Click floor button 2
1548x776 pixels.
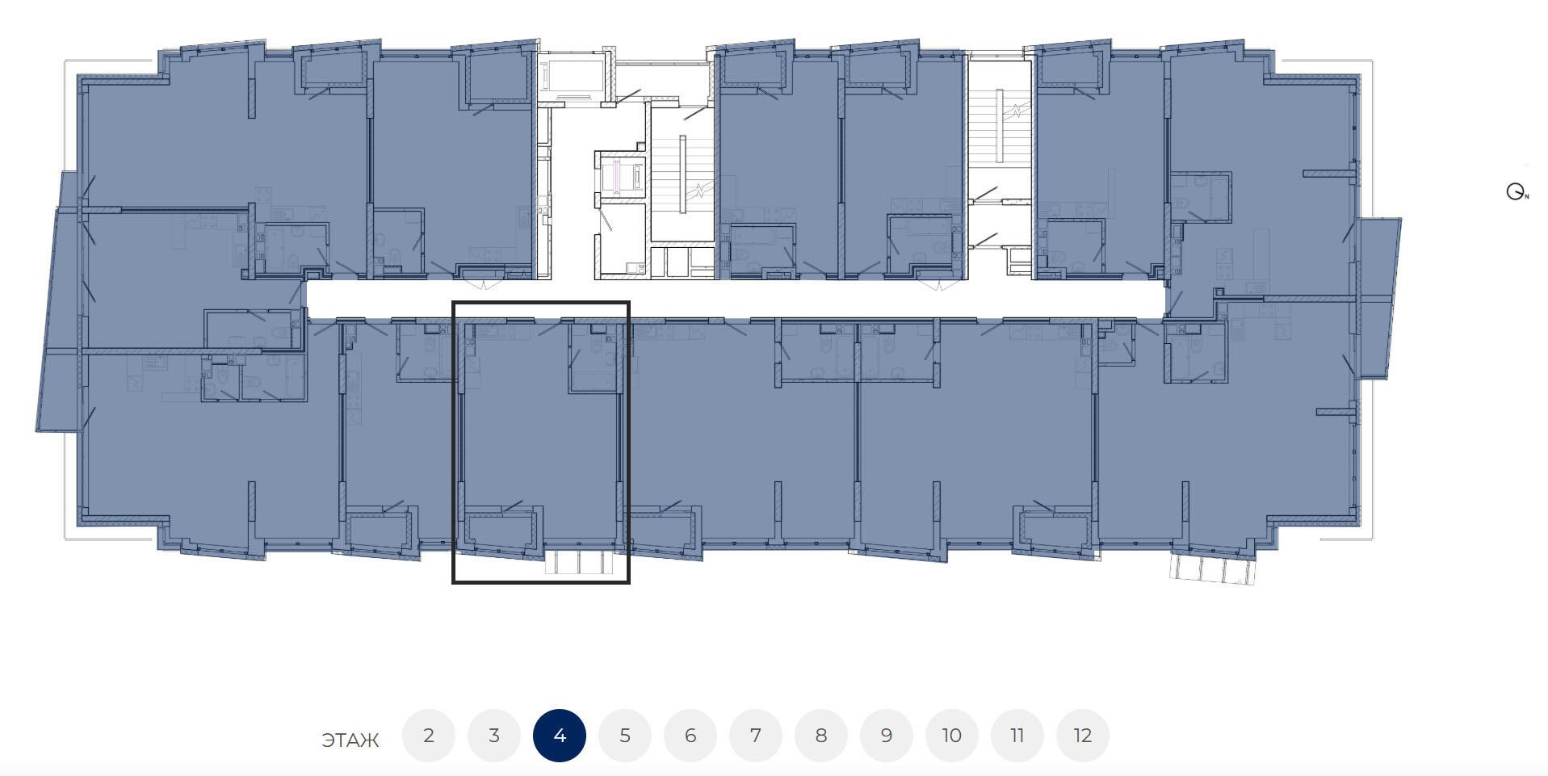pyautogui.click(x=429, y=736)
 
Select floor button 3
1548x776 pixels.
pyautogui.click(x=494, y=736)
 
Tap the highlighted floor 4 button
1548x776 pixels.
pyautogui.click(x=560, y=736)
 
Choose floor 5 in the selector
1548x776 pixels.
pyautogui.click(x=625, y=736)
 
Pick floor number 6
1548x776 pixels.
pyautogui.click(x=690, y=736)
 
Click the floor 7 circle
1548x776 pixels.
pyautogui.click(x=756, y=736)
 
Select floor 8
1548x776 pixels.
pyautogui.click(x=821, y=736)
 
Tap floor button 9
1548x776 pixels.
pyautogui.click(x=887, y=736)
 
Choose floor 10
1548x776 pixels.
pyautogui.click(x=952, y=736)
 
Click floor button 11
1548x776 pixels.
pyautogui.click(x=1017, y=736)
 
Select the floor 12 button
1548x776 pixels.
pyautogui.click(x=1083, y=736)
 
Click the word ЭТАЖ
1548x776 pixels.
pyautogui.click(x=350, y=740)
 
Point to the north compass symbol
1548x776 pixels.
pyautogui.click(x=1517, y=192)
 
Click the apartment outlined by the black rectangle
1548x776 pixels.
pyautogui.click(x=539, y=440)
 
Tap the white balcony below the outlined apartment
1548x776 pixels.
pyautogui.click(x=579, y=562)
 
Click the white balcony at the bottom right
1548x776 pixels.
pyautogui.click(x=1213, y=568)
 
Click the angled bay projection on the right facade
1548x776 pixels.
pyautogui.click(x=1379, y=297)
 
